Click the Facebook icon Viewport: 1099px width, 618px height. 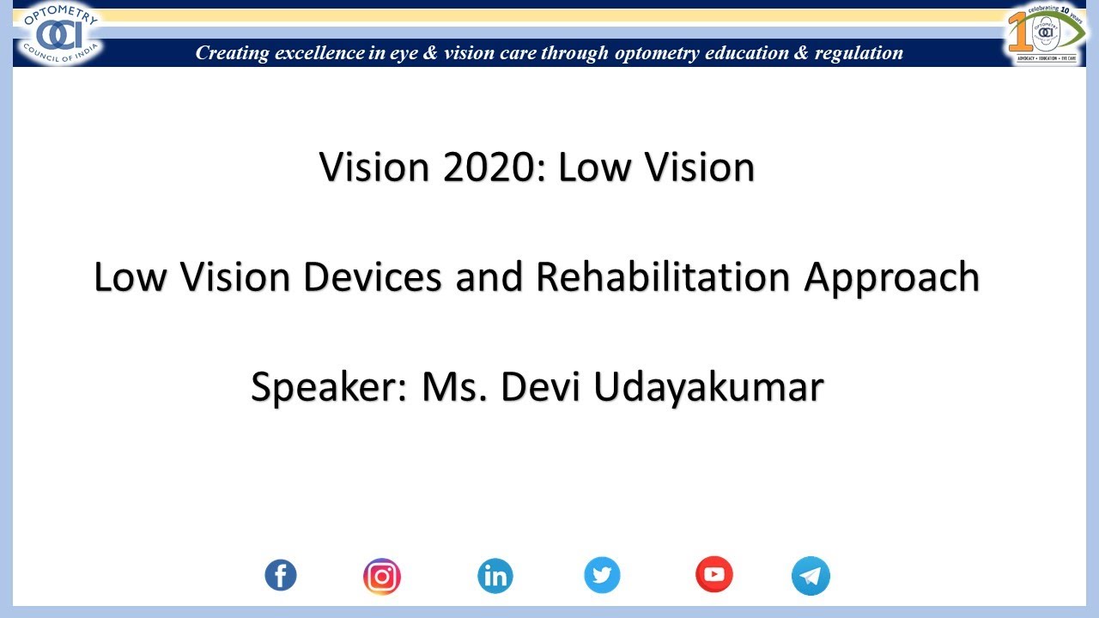281,575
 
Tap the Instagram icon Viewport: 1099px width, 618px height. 382,576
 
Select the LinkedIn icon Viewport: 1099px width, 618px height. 495,576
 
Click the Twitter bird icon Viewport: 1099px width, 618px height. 602,575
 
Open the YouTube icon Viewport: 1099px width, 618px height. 714,575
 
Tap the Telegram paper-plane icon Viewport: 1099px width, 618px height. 811,576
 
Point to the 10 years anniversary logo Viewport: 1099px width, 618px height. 1046,34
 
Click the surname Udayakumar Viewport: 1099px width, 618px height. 708,387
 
